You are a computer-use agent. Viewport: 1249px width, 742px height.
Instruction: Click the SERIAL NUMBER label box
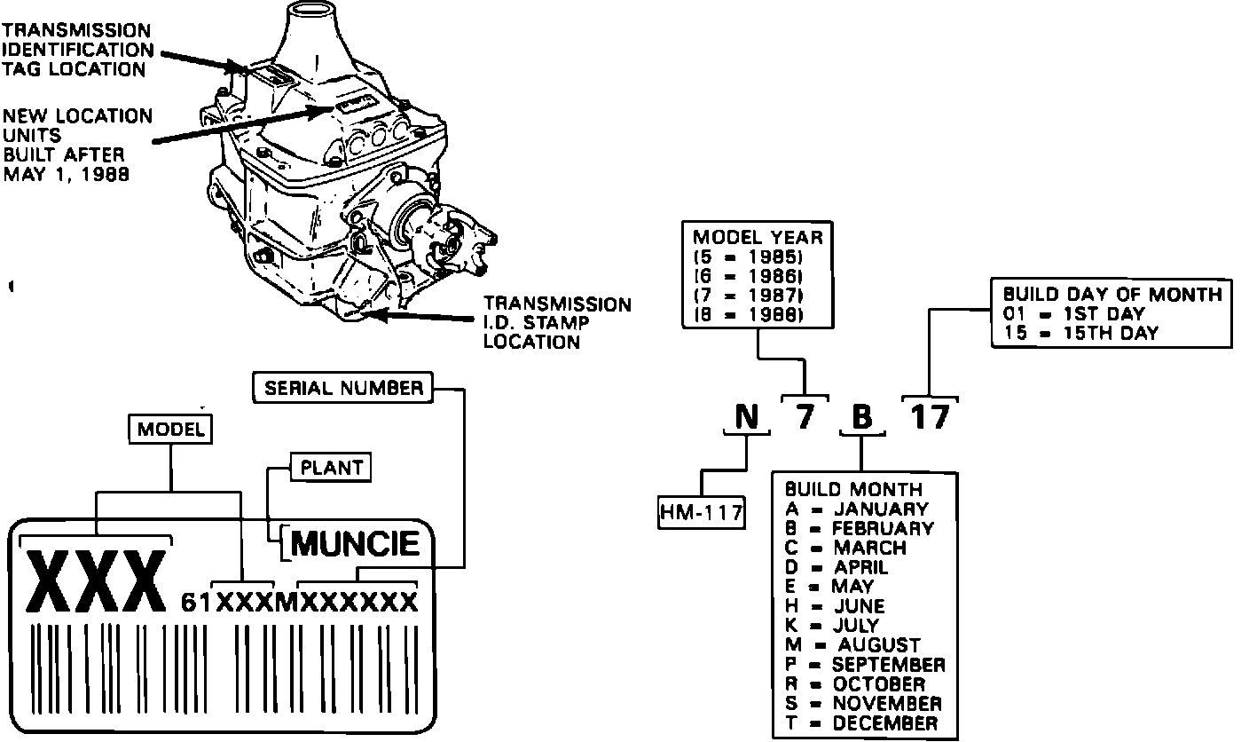tap(342, 388)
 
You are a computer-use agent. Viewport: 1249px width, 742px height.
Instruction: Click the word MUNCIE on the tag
tap(356, 543)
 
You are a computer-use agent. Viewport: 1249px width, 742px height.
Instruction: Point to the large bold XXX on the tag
tap(98, 583)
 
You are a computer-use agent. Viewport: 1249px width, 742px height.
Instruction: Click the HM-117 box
tap(701, 512)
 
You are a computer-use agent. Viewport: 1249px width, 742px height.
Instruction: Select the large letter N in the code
tap(747, 416)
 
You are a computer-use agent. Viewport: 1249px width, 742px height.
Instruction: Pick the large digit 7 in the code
tap(804, 416)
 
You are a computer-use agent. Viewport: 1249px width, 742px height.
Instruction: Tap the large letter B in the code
tap(860, 416)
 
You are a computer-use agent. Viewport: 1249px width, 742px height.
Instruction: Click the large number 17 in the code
tap(930, 416)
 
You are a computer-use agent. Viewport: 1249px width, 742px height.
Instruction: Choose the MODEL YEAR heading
tap(758, 238)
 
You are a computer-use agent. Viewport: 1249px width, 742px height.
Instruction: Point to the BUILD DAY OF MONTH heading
tap(1112, 295)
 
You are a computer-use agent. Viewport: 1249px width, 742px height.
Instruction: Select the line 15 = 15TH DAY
tap(1080, 334)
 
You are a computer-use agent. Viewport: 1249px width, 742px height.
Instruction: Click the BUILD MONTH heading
tap(853, 489)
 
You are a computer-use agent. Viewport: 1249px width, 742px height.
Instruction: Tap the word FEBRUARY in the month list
tap(883, 528)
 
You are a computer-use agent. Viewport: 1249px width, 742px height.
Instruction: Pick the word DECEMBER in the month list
tap(884, 723)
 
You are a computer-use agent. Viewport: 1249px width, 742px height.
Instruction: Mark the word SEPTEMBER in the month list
tap(889, 665)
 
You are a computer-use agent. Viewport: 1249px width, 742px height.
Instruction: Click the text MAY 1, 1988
tap(66, 174)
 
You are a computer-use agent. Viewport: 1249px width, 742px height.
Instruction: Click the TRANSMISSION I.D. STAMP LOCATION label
tap(557, 323)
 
